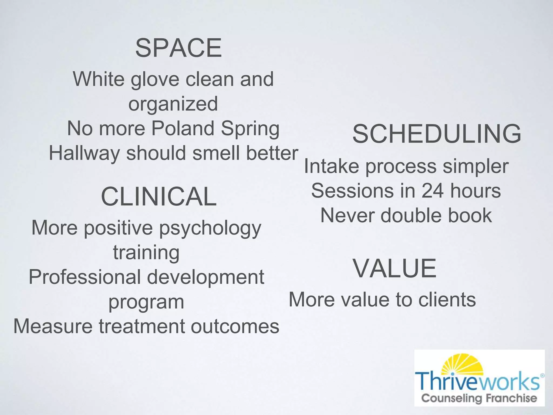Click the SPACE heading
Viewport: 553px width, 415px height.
[178, 48]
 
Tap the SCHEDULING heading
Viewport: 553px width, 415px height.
[437, 134]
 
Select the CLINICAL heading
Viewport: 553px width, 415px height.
[159, 196]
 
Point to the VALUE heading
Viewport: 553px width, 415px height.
[394, 268]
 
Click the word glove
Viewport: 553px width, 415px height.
[155, 79]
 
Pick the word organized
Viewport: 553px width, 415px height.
[173, 104]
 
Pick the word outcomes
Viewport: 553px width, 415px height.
[235, 326]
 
